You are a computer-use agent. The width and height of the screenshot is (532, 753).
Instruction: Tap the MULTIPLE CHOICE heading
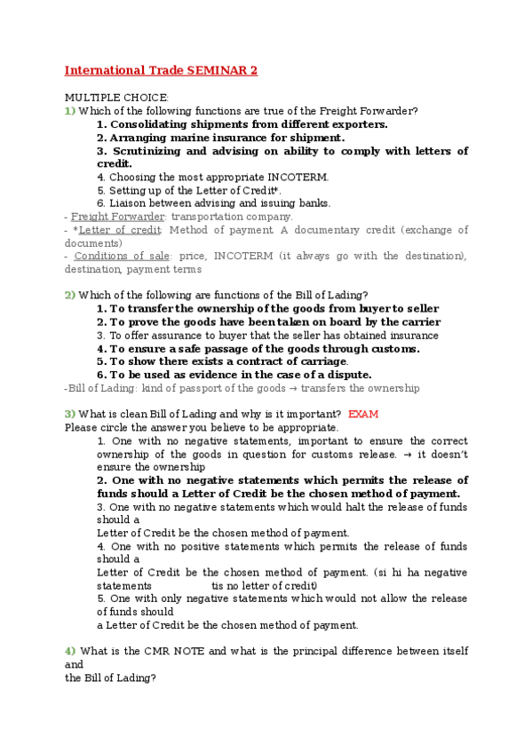[x=116, y=98]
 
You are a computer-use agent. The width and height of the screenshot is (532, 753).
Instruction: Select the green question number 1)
[x=70, y=111]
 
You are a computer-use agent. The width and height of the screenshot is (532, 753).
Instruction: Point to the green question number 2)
[x=70, y=295]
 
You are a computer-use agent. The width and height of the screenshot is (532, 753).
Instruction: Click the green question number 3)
[x=70, y=414]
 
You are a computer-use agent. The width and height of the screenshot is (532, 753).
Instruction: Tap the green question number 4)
[x=70, y=651]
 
